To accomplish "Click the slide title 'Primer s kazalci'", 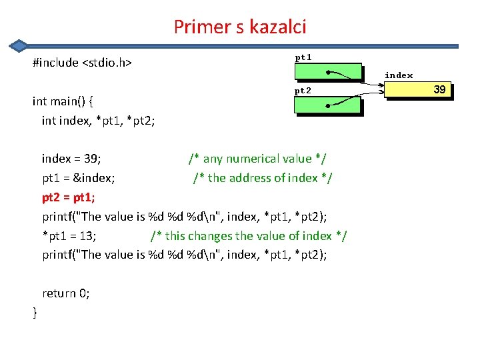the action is (x=240, y=27).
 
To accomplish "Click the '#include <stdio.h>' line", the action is (x=82, y=63).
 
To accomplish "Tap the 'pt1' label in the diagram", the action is (x=303, y=57).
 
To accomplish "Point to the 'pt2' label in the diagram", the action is (x=303, y=90).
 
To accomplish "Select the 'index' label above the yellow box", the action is (x=399, y=75).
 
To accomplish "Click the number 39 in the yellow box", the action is (x=439, y=89).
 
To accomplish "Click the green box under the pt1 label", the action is (x=328, y=73).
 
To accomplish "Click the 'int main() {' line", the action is (x=63, y=101).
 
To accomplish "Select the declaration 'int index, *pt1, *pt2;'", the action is (x=98, y=121).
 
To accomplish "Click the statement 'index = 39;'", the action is (x=71, y=159).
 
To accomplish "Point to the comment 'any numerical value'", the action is (x=257, y=159).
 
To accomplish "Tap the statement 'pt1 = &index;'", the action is (x=79, y=178).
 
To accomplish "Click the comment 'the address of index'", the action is (x=263, y=178).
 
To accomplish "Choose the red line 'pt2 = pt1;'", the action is (x=69, y=197).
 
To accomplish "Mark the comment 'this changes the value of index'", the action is (x=249, y=236).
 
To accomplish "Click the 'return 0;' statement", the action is (x=66, y=293).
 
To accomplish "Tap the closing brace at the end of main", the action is (x=35, y=313).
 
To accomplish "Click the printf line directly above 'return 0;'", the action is (x=185, y=255).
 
